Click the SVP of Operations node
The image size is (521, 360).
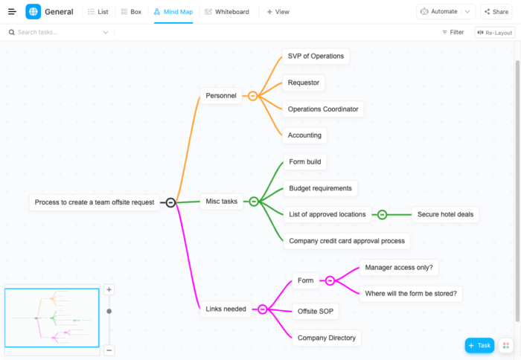[316, 57]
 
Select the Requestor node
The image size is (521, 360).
[305, 83]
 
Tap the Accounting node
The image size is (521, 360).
[304, 135]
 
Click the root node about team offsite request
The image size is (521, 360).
[95, 202]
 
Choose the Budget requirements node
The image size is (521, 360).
[320, 188]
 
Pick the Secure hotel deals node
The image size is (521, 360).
[445, 214]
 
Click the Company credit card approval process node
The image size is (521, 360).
[347, 241]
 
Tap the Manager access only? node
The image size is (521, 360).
[399, 267]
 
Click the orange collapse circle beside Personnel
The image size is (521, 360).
[253, 95]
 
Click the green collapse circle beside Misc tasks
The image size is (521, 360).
[254, 201]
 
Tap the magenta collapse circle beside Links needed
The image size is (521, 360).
[262, 309]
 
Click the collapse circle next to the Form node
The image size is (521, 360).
[330, 280]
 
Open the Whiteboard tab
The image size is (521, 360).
[227, 12]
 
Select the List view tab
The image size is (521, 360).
[98, 12]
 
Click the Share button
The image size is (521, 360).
[496, 12]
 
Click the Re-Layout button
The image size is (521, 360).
[494, 33]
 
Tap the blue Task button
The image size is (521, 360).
[479, 345]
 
